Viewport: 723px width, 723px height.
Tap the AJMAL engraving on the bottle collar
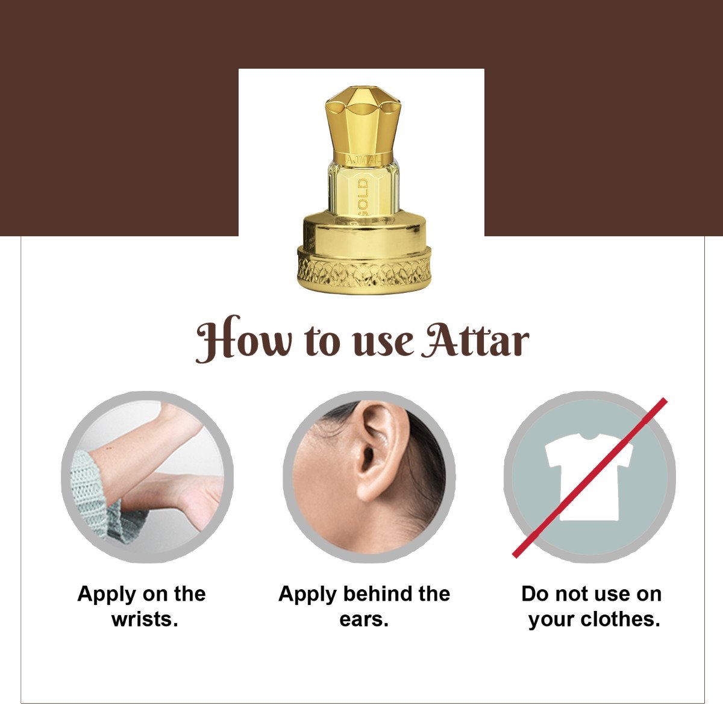pos(363,160)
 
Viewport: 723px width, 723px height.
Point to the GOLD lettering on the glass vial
pos(363,198)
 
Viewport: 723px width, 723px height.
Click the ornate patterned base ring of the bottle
pos(364,270)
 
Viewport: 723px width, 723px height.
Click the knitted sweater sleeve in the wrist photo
pos(99,499)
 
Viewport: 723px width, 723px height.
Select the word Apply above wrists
pos(107,595)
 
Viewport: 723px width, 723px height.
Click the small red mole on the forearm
pos(109,448)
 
